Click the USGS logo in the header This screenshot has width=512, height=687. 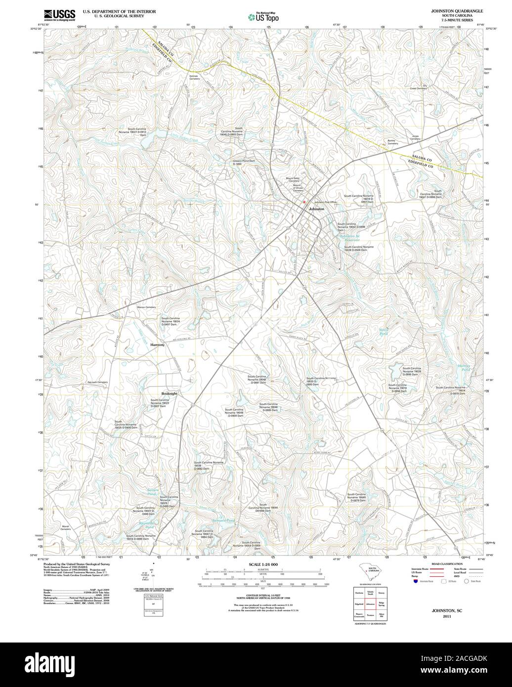(x=59, y=14)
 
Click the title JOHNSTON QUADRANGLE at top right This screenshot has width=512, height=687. (x=457, y=10)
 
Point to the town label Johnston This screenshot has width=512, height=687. (x=316, y=209)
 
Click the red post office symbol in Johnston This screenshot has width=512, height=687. (x=304, y=201)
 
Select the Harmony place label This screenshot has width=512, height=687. (x=158, y=345)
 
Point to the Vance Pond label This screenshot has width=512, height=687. (x=384, y=333)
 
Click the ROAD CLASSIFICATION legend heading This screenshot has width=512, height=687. (x=447, y=564)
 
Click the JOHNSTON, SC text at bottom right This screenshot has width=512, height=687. (x=447, y=611)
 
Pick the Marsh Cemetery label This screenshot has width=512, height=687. (x=66, y=528)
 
